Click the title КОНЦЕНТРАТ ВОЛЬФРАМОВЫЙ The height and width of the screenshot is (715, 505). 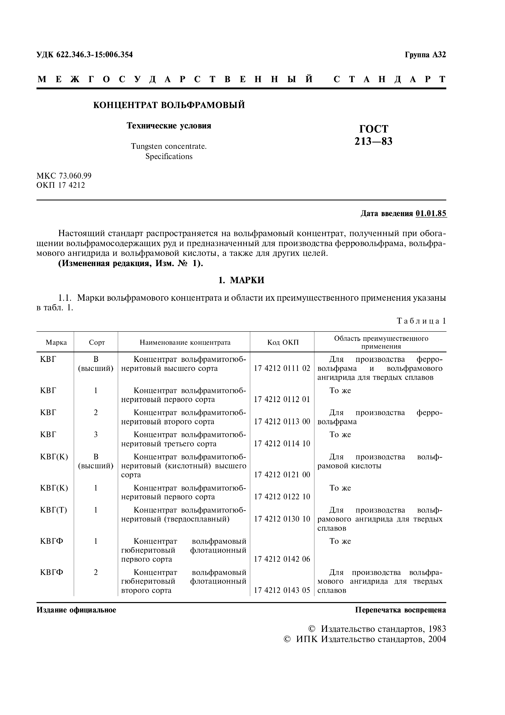pyautogui.click(x=169, y=105)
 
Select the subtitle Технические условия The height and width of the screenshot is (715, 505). pyautogui.click(x=169, y=126)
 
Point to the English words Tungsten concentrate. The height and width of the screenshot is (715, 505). pyautogui.click(x=169, y=146)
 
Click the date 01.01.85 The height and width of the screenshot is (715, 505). pyautogui.click(x=431, y=214)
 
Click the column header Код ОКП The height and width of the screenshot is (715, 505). pyautogui.click(x=283, y=343)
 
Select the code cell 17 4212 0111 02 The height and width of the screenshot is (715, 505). pyautogui.click(x=282, y=368)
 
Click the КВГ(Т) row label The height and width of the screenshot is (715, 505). pyautogui.click(x=54, y=510)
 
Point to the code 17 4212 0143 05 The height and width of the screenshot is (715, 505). pyautogui.click(x=282, y=590)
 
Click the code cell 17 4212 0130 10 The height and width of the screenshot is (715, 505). pyautogui.click(x=282, y=519)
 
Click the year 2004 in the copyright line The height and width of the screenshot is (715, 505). pyautogui.click(x=437, y=639)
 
